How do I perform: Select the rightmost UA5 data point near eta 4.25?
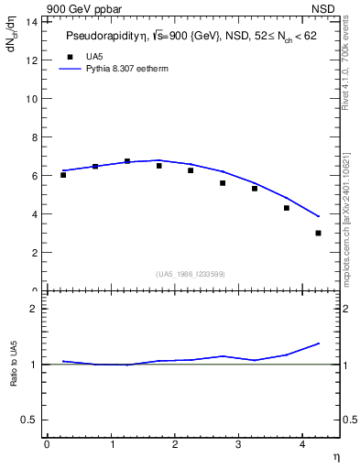tap(318, 233)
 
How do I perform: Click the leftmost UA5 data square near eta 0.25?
tap(63, 174)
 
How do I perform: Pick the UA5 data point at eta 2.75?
tap(223, 183)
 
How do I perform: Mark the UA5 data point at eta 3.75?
tap(287, 208)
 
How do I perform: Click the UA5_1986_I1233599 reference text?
tap(191, 273)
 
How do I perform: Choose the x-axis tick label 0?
tap(47, 444)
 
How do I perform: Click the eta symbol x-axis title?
tap(336, 455)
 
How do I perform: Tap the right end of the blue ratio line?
tap(319, 344)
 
